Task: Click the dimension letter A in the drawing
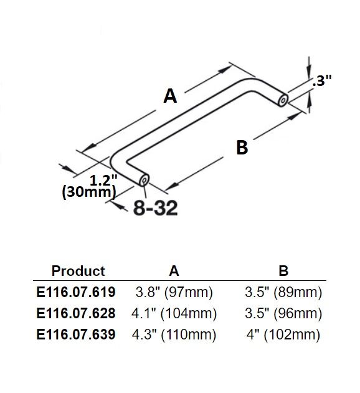(x=170, y=96)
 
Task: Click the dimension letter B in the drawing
(x=242, y=148)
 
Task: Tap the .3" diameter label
(x=323, y=80)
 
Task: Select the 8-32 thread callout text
(x=156, y=208)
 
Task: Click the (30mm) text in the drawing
(x=89, y=192)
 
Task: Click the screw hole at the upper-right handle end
(x=284, y=99)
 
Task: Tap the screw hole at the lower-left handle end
(x=143, y=180)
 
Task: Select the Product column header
(x=78, y=271)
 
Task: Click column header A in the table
(x=174, y=271)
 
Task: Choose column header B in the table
(x=283, y=271)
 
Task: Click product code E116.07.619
(x=76, y=291)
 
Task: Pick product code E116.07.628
(x=76, y=313)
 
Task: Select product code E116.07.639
(x=76, y=334)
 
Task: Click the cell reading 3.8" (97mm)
(x=174, y=291)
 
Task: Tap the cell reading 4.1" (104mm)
(x=174, y=313)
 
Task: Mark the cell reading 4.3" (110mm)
(x=174, y=334)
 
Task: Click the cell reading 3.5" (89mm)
(x=283, y=291)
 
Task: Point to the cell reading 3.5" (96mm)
(x=283, y=313)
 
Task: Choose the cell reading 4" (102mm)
(x=283, y=334)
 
